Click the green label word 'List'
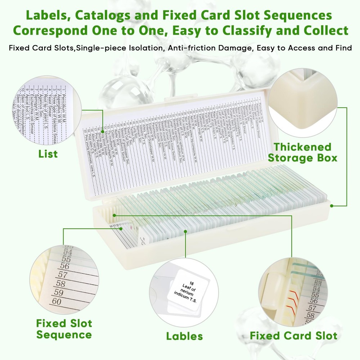(48, 154)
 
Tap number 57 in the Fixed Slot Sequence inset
(63, 275)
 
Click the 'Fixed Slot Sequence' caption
(64, 329)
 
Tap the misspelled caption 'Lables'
(184, 336)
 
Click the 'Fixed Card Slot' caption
(293, 336)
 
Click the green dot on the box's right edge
(332, 206)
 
